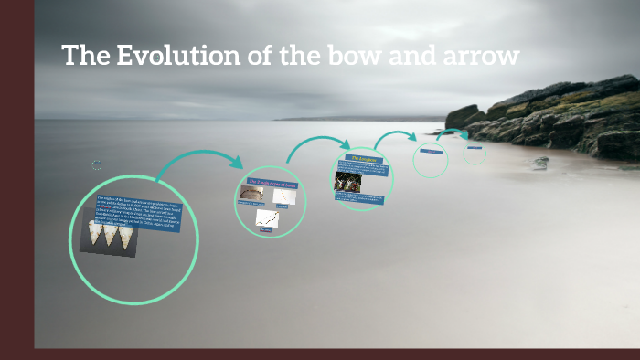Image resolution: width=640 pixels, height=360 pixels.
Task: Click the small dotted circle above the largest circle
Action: click(x=97, y=165)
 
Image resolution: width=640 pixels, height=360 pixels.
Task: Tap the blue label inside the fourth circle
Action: click(x=431, y=152)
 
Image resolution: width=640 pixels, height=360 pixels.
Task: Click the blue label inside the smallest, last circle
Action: click(x=474, y=147)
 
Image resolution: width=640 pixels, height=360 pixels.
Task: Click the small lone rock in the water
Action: click(x=541, y=162)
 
